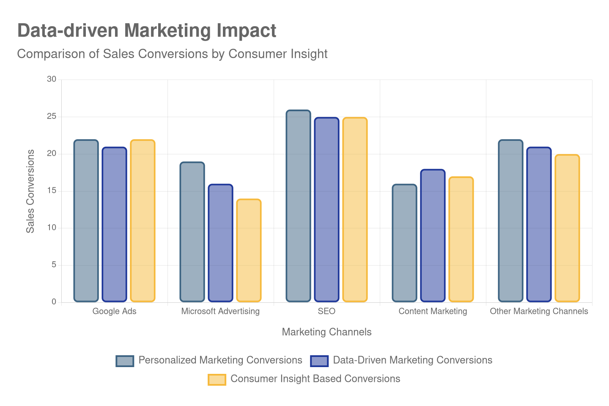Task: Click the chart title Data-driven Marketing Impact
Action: (147, 31)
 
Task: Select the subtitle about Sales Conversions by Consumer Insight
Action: (172, 54)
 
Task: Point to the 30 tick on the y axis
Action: (52, 79)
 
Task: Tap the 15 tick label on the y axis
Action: (52, 190)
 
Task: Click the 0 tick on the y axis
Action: (54, 302)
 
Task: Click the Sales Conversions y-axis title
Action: (30, 191)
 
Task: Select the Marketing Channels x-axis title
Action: (326, 332)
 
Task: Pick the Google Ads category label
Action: (114, 311)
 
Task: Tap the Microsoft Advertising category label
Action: (220, 311)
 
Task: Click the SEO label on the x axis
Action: (326, 311)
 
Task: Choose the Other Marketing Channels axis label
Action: (539, 311)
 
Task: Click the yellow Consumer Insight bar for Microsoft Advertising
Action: (249, 250)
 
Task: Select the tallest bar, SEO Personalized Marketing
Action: (298, 206)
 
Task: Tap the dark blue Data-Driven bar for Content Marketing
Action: (433, 236)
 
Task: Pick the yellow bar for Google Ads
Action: (143, 221)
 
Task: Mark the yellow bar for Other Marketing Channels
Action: (567, 228)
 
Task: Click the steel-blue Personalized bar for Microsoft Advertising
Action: (192, 232)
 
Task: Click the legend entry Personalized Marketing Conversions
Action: (220, 360)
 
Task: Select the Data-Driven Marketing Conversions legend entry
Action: (412, 360)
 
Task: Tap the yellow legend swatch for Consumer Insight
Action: (217, 379)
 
